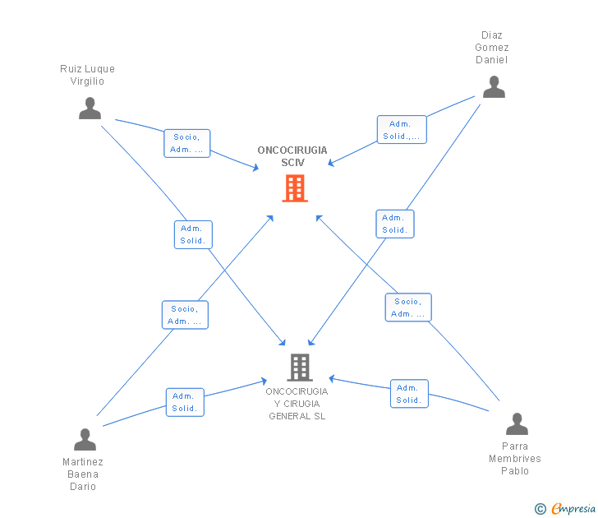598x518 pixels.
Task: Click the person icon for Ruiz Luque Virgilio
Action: coord(90,108)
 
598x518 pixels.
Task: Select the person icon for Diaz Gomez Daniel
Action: coord(494,86)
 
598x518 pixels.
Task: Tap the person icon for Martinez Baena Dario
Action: coord(85,440)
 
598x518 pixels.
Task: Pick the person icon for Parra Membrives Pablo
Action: coord(517,424)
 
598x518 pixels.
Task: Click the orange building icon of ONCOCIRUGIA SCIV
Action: coord(295,188)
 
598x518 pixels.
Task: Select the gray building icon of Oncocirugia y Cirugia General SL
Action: coord(299,367)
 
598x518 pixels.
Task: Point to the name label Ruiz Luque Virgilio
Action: coord(88,75)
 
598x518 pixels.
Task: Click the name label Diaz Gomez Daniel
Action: coord(492,48)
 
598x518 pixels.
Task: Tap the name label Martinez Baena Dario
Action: coord(83,474)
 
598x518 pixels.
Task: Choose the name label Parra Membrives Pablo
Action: coord(515,459)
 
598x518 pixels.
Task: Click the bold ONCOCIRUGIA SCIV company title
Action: coord(292,156)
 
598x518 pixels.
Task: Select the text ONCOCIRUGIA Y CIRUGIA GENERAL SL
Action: coord(297,404)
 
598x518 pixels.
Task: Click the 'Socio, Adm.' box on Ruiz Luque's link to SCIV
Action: coord(187,143)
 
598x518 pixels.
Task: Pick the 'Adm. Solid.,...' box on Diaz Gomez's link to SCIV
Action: coord(402,130)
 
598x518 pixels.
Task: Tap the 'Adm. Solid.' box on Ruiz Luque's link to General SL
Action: coord(193,235)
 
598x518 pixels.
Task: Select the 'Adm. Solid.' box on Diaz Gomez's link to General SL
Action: coord(395,224)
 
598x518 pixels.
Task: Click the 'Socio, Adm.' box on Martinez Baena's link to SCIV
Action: coord(185,315)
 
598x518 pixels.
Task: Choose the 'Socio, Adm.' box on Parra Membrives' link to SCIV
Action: coord(408,308)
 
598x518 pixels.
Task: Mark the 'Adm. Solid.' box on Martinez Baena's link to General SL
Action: coord(185,402)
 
